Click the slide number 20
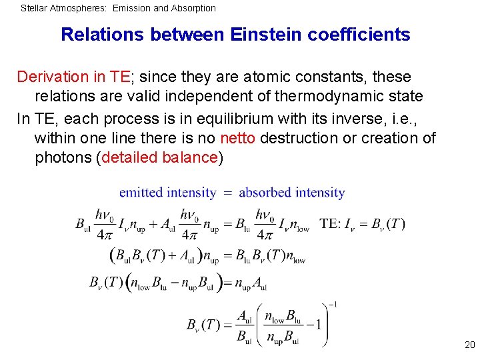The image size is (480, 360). (x=469, y=345)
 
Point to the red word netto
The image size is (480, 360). (x=238, y=138)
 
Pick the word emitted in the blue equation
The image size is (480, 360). (x=141, y=193)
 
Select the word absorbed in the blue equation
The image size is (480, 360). (x=265, y=193)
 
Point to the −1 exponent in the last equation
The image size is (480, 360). (x=332, y=305)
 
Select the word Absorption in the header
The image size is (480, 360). (x=193, y=9)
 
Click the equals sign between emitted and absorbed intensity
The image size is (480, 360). (x=227, y=193)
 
